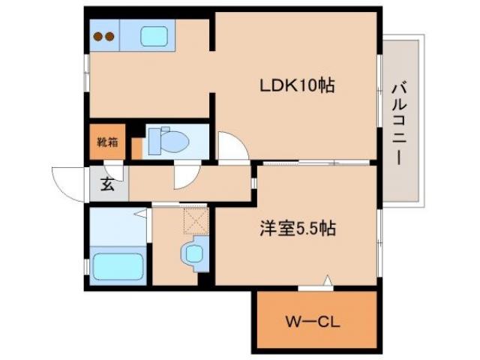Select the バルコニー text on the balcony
pos(397,120)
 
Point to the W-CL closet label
pos(313,323)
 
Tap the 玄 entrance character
pos(108,184)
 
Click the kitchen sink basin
pos(154,35)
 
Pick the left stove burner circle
pos(97,35)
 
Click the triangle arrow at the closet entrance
pos(327,281)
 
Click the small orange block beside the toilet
pos(136,148)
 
